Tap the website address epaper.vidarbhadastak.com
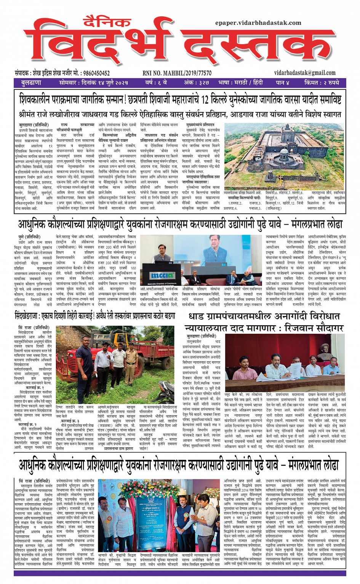coord(258,23)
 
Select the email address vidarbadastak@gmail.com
coord(304,73)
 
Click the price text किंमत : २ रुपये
coord(321,82)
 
